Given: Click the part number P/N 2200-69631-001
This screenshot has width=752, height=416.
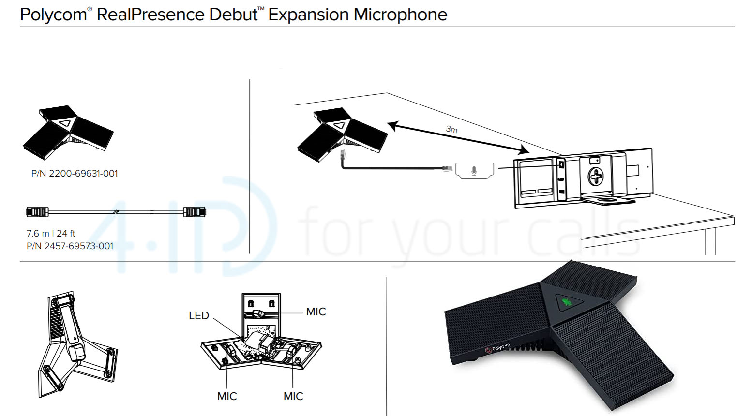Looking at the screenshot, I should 75,174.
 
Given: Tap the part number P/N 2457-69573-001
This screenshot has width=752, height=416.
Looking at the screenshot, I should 70,246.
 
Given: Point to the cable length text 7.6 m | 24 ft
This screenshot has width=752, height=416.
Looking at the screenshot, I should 51,233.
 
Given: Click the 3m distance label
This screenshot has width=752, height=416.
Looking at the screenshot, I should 451,129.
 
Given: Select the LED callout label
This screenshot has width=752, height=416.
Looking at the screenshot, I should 199,316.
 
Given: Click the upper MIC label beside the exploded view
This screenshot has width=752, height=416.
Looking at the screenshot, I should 316,312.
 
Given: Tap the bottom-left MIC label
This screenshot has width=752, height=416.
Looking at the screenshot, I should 227,397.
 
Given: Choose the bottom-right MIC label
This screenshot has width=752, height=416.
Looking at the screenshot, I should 293,397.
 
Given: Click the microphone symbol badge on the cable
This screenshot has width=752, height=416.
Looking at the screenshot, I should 474,171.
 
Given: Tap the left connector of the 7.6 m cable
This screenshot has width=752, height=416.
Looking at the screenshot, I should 37,212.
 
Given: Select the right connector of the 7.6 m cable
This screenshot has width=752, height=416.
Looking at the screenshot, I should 195,212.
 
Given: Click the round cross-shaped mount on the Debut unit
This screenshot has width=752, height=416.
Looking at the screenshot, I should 595,176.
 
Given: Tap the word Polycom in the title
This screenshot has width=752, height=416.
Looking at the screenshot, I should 53,15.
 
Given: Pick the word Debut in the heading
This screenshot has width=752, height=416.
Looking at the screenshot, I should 233,15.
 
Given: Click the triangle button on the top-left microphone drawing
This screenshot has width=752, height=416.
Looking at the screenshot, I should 65,123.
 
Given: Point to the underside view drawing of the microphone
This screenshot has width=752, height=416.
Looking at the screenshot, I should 76,344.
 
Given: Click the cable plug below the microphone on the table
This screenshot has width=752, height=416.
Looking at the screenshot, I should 343,156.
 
